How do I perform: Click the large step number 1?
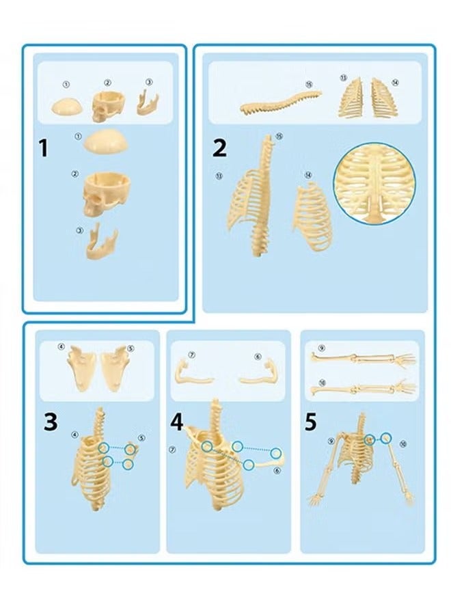coord(44,148)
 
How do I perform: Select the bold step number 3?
coord(51,422)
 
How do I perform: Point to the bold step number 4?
coord(178,422)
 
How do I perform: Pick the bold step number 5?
coord(311,422)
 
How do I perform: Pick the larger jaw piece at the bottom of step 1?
coord(100,244)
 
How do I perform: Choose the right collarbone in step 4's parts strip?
coord(257,372)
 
